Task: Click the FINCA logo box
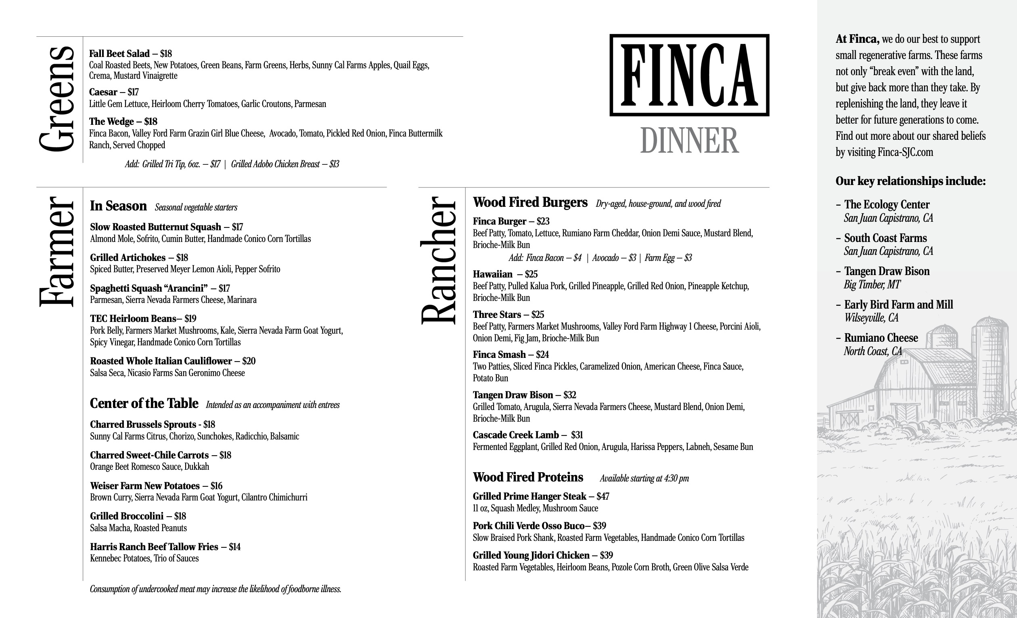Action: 689,75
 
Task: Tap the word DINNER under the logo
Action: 689,141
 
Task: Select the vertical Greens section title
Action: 57,99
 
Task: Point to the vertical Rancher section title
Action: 438,260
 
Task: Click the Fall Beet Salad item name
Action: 119,54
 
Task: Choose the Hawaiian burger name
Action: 492,274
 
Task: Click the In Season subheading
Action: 118,206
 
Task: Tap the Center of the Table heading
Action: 144,403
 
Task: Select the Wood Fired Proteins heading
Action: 527,477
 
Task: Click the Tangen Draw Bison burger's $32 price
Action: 569,395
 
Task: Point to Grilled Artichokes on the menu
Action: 128,258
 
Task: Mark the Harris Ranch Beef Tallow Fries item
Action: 153,547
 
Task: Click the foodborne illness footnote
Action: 215,589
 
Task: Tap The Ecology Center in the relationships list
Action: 887,204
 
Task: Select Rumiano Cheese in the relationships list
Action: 881,338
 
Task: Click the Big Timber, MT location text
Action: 872,285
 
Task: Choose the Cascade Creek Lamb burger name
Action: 515,435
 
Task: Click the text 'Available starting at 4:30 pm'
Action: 644,478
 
